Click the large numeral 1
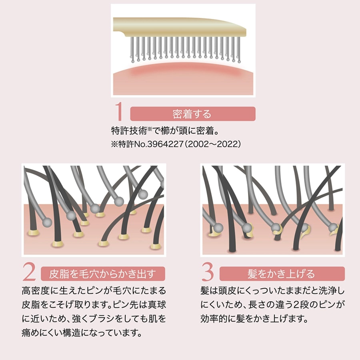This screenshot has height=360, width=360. click(x=119, y=113)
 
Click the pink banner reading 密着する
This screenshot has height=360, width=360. click(x=192, y=114)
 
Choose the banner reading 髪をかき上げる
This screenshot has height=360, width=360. click(x=281, y=274)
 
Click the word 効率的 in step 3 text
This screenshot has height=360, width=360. click(x=214, y=319)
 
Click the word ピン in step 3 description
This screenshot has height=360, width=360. click(x=323, y=304)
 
